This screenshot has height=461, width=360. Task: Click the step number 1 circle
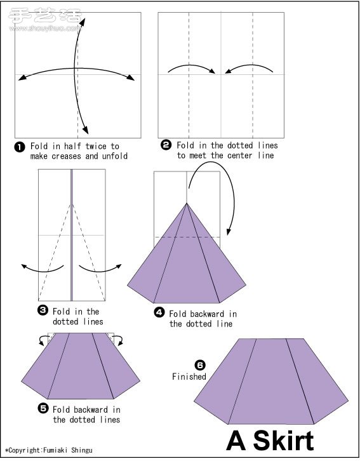pyautogui.click(x=20, y=147)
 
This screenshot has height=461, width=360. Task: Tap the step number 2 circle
pyautogui.click(x=166, y=145)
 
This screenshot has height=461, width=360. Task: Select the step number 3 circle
pyautogui.click(x=43, y=310)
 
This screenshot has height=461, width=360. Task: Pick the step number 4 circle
pyautogui.click(x=159, y=312)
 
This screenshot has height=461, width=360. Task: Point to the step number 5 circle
pyautogui.click(x=43, y=408)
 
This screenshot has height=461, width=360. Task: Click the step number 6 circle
pyautogui.click(x=200, y=365)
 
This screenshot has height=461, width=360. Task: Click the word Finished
pyautogui.click(x=189, y=377)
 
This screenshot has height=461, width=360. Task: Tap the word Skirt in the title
pyautogui.click(x=284, y=441)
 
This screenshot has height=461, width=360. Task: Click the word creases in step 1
pyautogui.click(x=67, y=156)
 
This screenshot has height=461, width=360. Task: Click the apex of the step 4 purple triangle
pyautogui.click(x=187, y=203)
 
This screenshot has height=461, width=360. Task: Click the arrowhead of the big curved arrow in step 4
pyautogui.click(x=229, y=231)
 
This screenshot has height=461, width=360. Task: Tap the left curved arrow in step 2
pyautogui.click(x=191, y=65)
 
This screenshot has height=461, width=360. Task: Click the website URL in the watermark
pyautogui.click(x=44, y=29)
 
